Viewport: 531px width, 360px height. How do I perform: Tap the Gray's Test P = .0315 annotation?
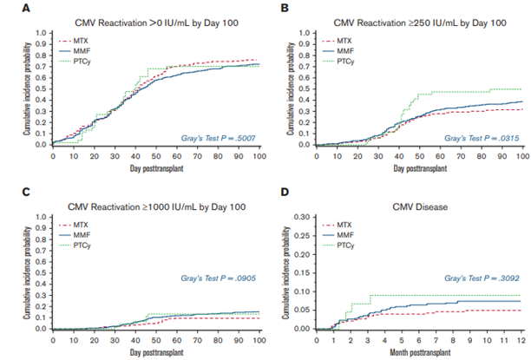coord(479,137)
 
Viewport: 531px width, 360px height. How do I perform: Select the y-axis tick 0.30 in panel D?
coord(300,219)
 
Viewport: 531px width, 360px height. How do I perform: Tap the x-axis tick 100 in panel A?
coord(259,155)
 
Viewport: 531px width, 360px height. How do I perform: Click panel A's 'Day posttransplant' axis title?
coord(155,167)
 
